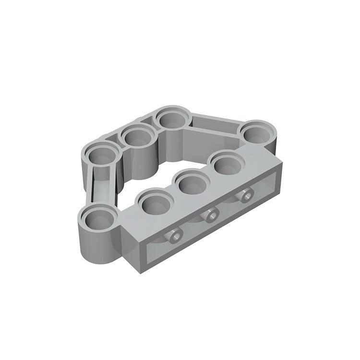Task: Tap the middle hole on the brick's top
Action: (191, 182)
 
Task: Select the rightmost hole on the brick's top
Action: (226, 164)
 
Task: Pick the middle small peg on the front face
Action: (210, 216)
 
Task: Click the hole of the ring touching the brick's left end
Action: (97, 219)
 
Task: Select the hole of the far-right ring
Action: (259, 132)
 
